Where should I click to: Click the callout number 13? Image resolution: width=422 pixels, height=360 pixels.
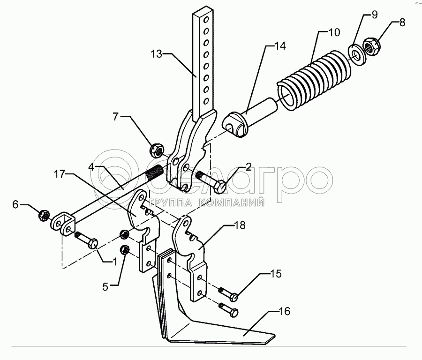(157, 55)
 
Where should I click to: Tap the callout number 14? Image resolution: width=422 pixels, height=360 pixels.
(280, 46)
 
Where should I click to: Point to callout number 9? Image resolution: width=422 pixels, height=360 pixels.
(374, 15)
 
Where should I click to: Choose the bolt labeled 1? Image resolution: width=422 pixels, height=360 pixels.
(87, 240)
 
